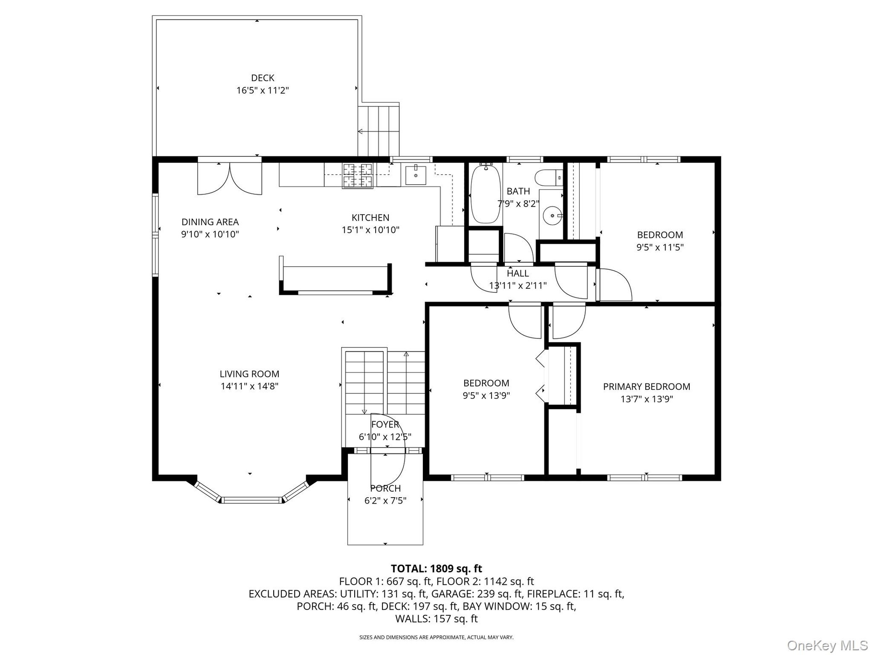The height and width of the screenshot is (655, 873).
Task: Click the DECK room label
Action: (262, 78)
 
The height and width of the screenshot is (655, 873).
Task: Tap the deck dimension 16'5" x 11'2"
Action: (262, 90)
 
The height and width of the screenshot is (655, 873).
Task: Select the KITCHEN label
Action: (370, 217)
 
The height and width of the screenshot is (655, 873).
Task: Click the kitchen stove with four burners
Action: (357, 175)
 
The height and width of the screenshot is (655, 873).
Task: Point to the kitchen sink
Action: (416, 175)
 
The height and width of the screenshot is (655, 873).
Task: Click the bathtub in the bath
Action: (486, 194)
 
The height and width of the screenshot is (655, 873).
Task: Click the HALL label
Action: (518, 273)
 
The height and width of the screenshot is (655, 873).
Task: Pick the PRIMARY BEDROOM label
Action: (647, 387)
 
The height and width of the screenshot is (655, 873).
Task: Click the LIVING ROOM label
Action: (249, 374)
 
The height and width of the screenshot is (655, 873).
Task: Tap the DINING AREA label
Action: (210, 222)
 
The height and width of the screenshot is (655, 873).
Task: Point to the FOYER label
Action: (385, 424)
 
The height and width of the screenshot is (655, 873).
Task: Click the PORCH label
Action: (385, 488)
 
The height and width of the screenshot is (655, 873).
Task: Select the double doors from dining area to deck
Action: (230, 177)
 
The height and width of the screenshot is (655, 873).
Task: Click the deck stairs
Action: (378, 131)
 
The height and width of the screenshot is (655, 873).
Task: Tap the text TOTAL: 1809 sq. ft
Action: (436, 569)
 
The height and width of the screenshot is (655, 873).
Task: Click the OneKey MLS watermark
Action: (828, 645)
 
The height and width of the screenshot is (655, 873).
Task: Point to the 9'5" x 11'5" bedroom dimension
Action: (660, 247)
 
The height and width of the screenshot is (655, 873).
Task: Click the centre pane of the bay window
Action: (251, 500)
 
